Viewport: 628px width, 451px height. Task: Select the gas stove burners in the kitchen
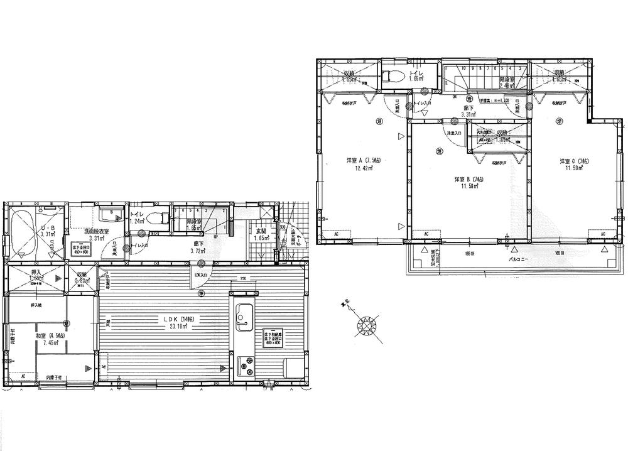point(246,366)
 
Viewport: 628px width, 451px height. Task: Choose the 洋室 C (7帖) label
point(574,162)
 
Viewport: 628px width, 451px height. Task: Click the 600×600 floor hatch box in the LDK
point(271,337)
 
